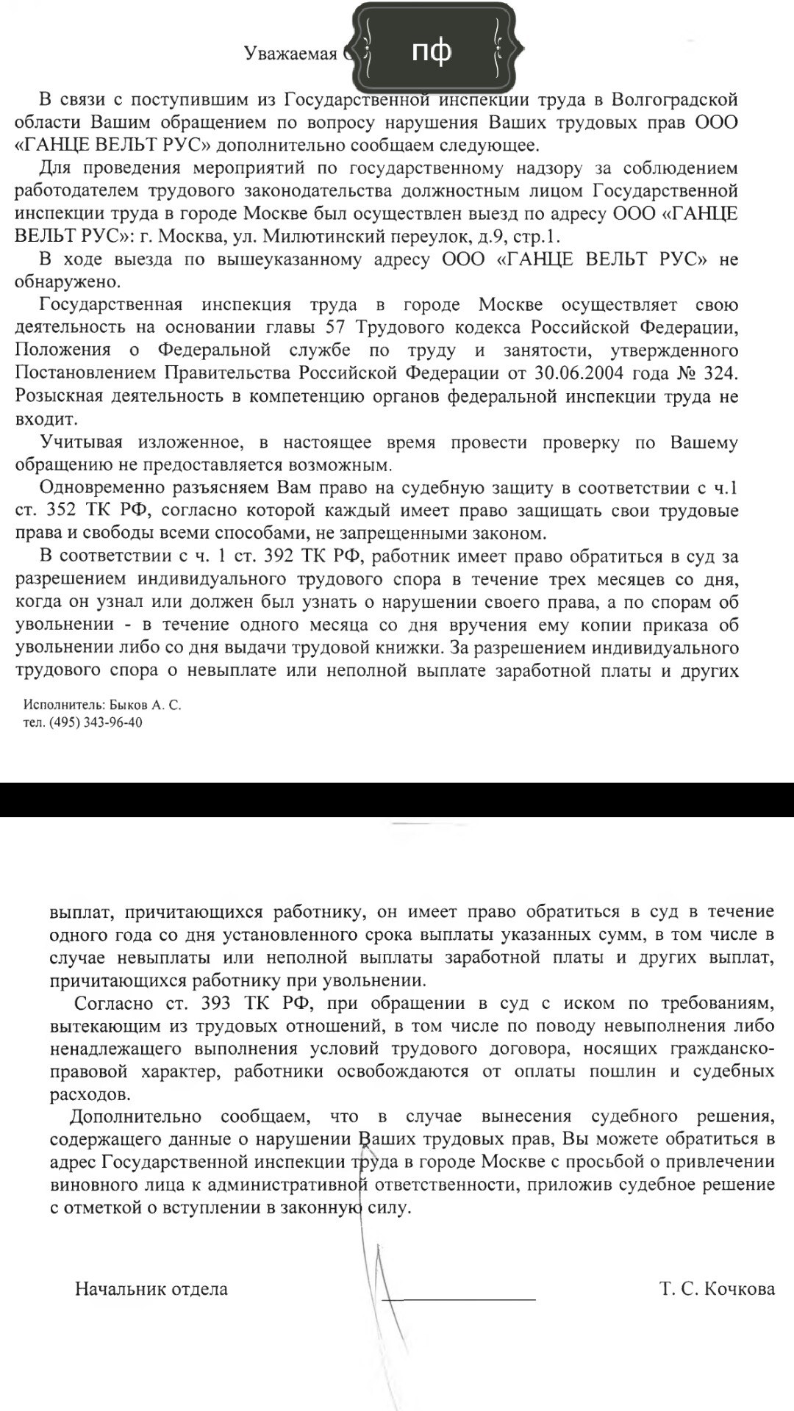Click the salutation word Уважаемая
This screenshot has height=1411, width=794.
(x=290, y=53)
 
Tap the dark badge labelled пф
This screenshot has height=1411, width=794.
(x=432, y=51)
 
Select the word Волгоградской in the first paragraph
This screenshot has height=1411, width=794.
(x=674, y=99)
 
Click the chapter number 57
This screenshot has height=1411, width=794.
(x=336, y=328)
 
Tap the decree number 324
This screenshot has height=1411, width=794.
(x=718, y=373)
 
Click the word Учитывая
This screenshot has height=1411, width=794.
(x=82, y=442)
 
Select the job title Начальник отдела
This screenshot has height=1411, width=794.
(x=151, y=1288)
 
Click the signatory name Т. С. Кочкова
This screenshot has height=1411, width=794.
(x=717, y=1288)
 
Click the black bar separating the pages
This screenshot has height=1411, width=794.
(x=397, y=800)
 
